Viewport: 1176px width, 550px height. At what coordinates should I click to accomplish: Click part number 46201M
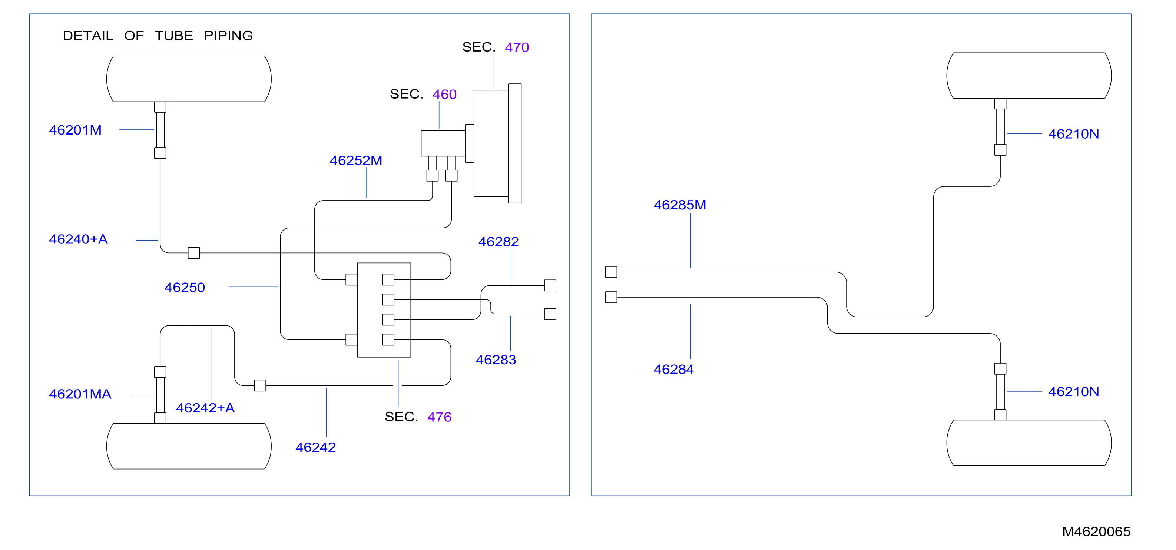(x=75, y=130)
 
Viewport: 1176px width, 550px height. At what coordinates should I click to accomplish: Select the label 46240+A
(x=79, y=239)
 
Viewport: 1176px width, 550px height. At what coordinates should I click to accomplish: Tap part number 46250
(x=185, y=288)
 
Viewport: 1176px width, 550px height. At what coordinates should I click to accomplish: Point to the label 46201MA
(x=80, y=394)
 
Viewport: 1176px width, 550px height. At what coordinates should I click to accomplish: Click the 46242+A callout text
(x=205, y=408)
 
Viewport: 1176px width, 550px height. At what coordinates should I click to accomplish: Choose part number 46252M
(x=356, y=161)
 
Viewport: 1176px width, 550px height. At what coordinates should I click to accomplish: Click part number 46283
(x=496, y=360)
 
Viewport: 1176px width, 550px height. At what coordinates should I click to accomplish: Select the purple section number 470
(x=517, y=47)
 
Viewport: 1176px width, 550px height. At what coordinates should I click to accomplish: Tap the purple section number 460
(x=445, y=95)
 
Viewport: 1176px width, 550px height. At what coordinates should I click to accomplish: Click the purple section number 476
(x=440, y=417)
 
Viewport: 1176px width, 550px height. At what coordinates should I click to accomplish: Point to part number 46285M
(x=680, y=205)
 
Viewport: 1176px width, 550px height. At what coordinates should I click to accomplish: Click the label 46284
(x=674, y=369)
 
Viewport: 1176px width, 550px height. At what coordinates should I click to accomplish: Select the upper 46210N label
(x=1074, y=134)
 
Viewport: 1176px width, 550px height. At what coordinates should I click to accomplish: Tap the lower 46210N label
(x=1074, y=392)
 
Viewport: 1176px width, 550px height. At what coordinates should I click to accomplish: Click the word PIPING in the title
(x=228, y=36)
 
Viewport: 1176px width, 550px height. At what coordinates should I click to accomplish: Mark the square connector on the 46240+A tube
(x=194, y=253)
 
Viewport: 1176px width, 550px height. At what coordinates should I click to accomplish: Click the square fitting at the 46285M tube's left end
(x=611, y=272)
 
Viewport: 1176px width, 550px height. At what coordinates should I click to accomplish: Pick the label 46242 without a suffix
(x=316, y=447)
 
